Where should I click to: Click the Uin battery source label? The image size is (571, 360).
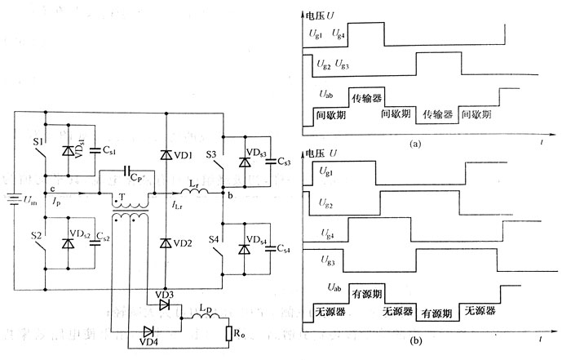29,201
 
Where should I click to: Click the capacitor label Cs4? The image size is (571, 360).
284,248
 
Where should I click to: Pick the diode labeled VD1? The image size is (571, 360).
186,155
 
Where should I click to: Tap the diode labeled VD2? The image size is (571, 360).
186,243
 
